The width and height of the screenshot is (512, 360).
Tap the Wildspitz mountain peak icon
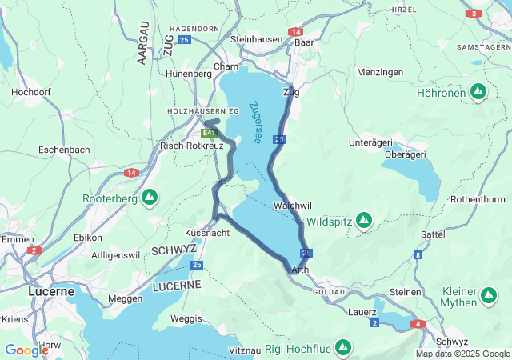click(364, 219)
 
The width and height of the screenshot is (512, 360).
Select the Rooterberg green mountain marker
click(150, 197)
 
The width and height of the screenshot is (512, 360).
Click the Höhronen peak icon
click(478, 92)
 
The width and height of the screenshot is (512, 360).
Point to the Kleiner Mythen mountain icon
click(489, 298)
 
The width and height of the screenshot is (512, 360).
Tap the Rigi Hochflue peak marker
click(343, 346)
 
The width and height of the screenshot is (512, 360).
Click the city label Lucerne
click(51, 291)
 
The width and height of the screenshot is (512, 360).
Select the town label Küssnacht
click(207, 232)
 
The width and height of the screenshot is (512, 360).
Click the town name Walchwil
click(291, 206)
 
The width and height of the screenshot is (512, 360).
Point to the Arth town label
click(301, 270)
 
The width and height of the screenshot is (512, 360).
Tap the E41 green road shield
click(210, 133)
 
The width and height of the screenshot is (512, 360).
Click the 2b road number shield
click(198, 265)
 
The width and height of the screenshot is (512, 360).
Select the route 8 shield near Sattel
click(418, 255)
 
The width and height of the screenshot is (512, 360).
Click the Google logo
click(26, 350)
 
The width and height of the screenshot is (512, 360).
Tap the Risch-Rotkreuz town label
click(192, 146)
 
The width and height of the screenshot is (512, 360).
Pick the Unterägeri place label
click(370, 142)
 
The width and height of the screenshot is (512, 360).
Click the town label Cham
click(226, 66)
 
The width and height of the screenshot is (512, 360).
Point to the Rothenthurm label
click(479, 198)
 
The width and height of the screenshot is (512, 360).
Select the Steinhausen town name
click(257, 38)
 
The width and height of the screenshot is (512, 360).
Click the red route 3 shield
click(474, 14)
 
